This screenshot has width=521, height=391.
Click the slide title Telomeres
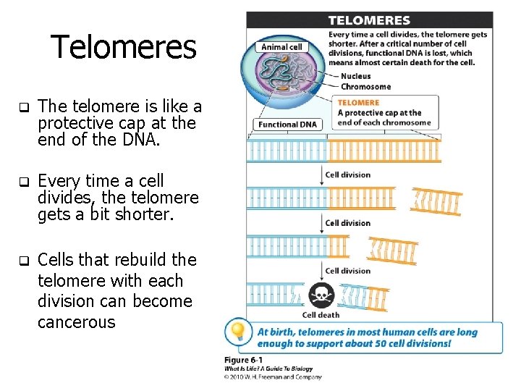point(123,48)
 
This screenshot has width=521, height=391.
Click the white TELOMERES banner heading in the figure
point(369,20)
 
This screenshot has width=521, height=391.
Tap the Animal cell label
point(281,47)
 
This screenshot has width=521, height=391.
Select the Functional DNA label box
point(287,125)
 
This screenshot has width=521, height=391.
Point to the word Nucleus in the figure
point(355,76)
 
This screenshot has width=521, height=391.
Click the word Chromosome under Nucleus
point(365,87)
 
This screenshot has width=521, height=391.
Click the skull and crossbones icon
point(321,295)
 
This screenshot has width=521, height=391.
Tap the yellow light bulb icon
point(237,332)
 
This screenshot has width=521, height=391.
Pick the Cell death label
point(321,315)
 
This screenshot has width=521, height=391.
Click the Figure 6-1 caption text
point(244,360)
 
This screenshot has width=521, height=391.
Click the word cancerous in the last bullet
point(76,322)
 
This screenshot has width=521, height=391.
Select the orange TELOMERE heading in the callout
point(358,103)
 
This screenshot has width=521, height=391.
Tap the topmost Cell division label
point(347,175)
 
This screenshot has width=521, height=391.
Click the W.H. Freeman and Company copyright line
point(273,377)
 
